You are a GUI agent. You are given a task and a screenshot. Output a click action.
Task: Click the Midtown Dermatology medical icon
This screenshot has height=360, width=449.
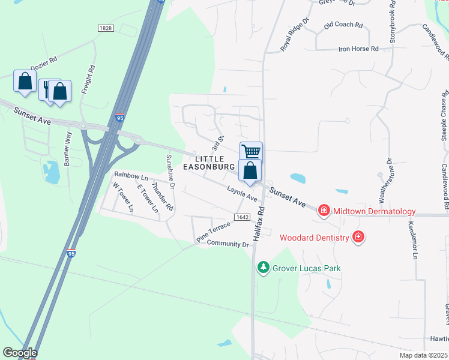(x=324, y=210)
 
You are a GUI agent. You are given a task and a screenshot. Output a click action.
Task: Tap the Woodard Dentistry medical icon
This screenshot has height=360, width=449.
(x=358, y=237)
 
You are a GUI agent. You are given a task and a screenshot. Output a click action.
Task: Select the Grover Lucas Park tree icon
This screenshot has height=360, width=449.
(x=262, y=267)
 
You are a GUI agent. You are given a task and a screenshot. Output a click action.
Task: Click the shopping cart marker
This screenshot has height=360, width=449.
(x=251, y=151)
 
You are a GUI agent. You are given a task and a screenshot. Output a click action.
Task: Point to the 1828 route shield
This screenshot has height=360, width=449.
(x=106, y=28)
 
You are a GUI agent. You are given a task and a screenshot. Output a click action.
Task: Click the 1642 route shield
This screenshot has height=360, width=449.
(x=241, y=217)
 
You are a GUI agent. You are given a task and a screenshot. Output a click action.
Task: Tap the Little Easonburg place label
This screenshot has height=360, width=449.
(x=208, y=161)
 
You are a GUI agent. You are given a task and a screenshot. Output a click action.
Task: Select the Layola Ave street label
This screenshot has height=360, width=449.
(x=242, y=193)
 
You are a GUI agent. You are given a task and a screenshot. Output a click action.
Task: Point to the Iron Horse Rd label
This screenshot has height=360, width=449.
(x=358, y=49)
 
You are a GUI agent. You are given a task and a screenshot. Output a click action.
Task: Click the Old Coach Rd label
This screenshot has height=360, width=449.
(x=343, y=25)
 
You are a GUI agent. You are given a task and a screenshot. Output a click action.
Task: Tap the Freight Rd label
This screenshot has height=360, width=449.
(x=92, y=78)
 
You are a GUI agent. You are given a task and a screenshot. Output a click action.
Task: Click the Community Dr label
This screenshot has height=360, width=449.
(x=228, y=244)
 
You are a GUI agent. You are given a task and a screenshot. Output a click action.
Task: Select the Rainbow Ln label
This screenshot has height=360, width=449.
(x=131, y=177)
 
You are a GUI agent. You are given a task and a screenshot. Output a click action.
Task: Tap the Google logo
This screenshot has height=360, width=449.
(x=20, y=353)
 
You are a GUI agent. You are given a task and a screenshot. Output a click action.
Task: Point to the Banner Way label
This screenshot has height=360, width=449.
(x=68, y=143)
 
